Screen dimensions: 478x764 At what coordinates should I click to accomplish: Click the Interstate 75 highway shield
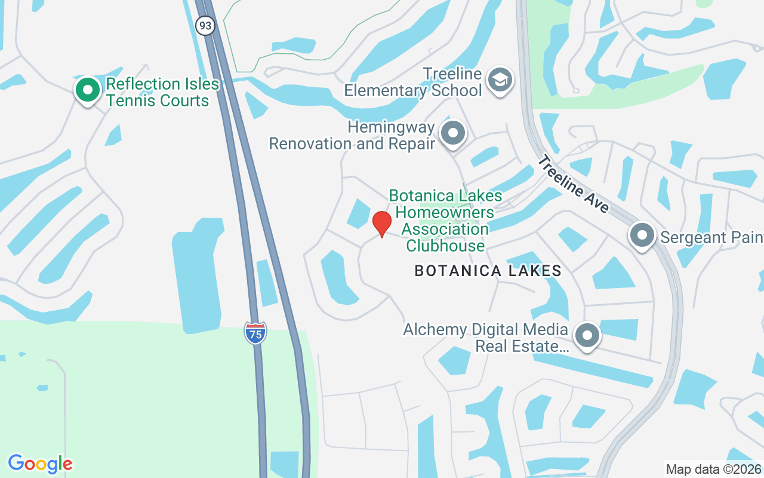point(255,333)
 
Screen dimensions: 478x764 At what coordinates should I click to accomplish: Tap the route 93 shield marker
point(205,26)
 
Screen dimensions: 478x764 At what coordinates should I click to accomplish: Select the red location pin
point(381,223)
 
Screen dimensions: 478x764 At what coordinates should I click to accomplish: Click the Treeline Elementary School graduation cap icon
point(500,81)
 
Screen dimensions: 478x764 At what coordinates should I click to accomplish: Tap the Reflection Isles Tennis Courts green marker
point(88,90)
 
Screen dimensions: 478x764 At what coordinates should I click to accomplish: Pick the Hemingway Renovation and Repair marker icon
point(453,133)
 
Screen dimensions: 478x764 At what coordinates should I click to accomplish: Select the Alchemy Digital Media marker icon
point(587,336)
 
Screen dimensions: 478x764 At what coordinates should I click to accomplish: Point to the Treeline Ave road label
point(573,184)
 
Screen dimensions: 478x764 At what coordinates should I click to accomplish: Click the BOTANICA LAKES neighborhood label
point(488,271)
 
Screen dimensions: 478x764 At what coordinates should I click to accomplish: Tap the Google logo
point(40,464)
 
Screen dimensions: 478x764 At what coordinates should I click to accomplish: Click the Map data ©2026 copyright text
point(714,470)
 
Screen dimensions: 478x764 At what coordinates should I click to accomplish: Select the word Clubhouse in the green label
point(445,246)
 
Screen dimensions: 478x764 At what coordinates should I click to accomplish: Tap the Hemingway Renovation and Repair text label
point(352,136)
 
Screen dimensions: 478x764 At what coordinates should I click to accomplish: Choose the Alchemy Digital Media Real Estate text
point(485,338)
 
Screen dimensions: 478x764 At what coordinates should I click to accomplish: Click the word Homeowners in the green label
point(445,212)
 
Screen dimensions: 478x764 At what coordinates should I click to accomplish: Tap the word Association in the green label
point(445,229)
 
